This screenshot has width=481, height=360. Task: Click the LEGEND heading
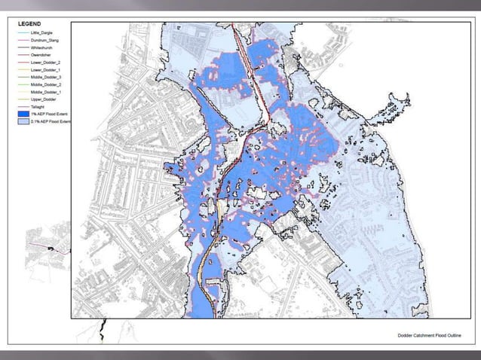tap(29, 25)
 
